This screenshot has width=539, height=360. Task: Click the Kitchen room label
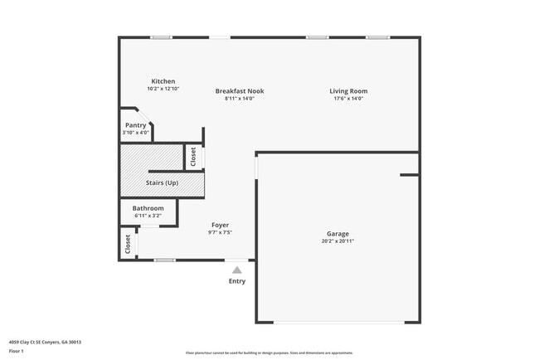coord(163,81)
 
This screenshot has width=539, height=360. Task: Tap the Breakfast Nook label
coord(240,91)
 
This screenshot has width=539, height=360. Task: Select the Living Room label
coord(348,91)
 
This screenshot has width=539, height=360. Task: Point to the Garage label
coord(337,234)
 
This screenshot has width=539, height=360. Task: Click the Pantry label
coord(135,125)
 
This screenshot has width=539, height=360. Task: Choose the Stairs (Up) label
coord(162,182)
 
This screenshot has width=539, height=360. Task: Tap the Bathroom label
coord(148,208)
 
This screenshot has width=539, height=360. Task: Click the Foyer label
coord(220,225)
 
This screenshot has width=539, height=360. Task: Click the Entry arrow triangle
coord(237,269)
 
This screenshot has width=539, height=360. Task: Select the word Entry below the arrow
coord(237,281)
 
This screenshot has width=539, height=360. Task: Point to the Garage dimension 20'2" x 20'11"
coord(337,241)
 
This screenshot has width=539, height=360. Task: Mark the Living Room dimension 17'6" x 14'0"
coord(348,99)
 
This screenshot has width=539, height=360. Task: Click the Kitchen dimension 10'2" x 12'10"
coord(163,89)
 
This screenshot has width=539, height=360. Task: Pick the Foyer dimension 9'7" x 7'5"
coord(220,232)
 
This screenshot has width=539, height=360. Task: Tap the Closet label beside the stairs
coord(193,156)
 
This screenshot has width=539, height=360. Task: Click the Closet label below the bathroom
coord(128,243)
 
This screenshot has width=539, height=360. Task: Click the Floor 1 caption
coord(17,351)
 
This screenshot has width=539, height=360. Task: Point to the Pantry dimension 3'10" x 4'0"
coord(135,133)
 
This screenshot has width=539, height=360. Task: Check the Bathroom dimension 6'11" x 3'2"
coord(148,216)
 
